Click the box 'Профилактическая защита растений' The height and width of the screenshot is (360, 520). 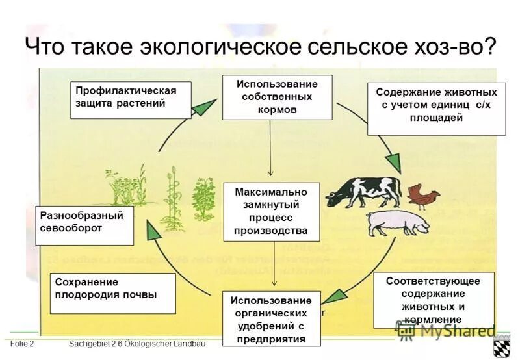click(x=131, y=99)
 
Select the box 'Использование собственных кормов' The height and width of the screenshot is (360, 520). click(x=277, y=97)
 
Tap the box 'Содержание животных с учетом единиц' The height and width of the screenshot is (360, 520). click(x=436, y=108)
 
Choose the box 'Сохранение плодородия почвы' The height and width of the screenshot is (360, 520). click(x=112, y=294)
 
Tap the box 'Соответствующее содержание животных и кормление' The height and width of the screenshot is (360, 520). click(x=433, y=300)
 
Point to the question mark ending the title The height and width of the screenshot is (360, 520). click(x=489, y=47)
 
